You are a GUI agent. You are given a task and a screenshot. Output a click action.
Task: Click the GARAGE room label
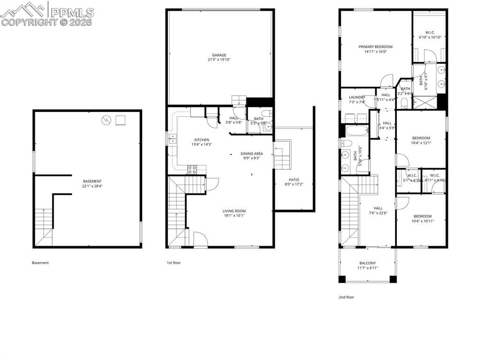click(219, 55)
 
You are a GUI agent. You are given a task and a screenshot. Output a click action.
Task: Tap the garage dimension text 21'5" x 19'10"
click(219, 60)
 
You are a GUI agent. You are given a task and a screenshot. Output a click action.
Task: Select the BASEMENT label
click(92, 181)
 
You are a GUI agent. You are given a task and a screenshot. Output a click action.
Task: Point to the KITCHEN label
click(202, 140)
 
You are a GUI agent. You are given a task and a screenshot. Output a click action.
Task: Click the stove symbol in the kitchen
click(191, 169)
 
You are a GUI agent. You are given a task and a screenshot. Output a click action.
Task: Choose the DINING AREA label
click(251, 153)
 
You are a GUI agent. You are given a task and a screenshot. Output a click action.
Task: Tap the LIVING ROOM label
click(234, 211)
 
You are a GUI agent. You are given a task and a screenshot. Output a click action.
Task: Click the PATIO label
click(294, 180)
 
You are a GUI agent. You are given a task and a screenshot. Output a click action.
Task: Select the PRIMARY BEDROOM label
click(375, 47)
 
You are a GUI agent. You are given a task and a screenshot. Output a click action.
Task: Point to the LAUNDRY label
click(357, 97)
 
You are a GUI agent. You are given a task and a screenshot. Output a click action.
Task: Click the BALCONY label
click(367, 263)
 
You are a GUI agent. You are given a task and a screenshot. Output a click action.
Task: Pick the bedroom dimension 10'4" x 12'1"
click(421, 143)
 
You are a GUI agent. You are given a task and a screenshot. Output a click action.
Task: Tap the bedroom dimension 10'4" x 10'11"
click(421, 221)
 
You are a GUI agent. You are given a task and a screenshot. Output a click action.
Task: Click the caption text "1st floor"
click(174, 263)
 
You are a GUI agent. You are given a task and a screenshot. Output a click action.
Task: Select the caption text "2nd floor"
click(346, 297)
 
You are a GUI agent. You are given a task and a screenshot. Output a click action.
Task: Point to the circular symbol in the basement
click(107, 120)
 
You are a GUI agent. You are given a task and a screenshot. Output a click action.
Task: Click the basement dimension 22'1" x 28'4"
click(92, 186)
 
